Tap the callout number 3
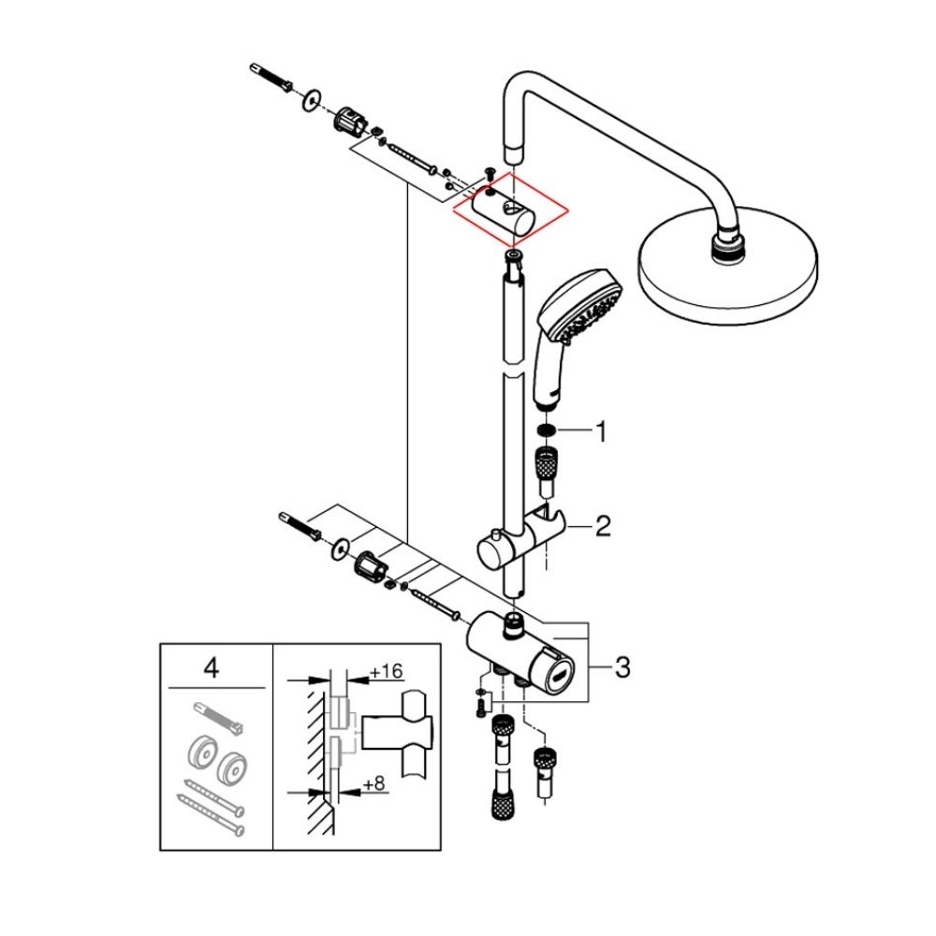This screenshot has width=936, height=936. click(622, 667)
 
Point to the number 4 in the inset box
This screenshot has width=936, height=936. click(212, 668)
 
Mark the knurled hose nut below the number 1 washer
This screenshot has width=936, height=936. click(548, 463)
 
